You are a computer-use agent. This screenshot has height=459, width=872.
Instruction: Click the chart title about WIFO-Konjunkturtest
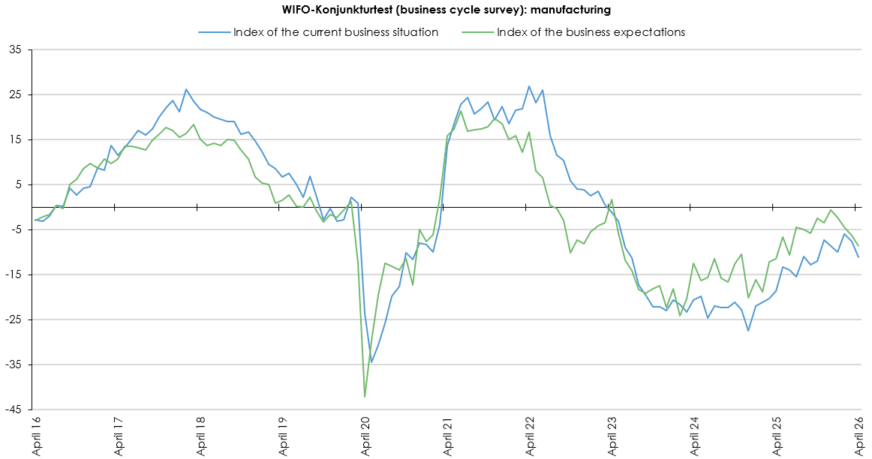[x=435, y=10]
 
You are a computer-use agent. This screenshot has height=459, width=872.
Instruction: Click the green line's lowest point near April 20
[x=365, y=397]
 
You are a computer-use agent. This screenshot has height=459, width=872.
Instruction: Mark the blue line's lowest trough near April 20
[x=371, y=362]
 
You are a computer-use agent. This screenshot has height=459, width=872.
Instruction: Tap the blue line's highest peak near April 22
[x=529, y=86]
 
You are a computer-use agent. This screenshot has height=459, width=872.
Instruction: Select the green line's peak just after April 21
[x=461, y=112]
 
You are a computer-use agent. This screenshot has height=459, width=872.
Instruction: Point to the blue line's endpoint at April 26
[x=858, y=258]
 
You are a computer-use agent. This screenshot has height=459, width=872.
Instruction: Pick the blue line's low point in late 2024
[x=748, y=331]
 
